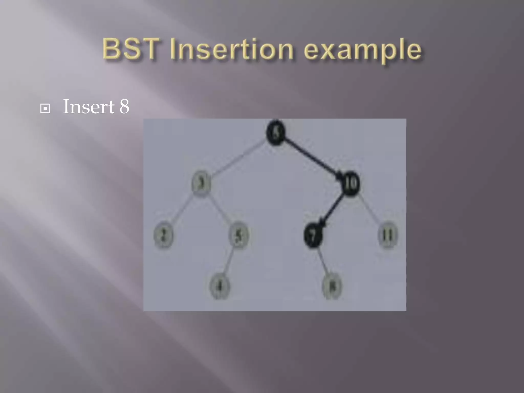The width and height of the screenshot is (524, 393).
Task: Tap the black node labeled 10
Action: (x=351, y=183)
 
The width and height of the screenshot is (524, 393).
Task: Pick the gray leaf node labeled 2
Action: (x=163, y=235)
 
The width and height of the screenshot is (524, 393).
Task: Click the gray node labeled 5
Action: (x=238, y=235)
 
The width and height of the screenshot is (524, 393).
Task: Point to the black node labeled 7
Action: (x=313, y=235)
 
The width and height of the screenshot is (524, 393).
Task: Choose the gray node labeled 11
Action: (x=388, y=235)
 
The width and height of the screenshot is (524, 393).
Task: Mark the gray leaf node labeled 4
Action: (x=219, y=286)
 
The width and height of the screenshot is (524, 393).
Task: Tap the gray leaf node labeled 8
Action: (x=332, y=286)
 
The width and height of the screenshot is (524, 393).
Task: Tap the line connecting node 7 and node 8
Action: (x=323, y=261)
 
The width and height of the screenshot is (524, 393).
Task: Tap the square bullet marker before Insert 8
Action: (x=45, y=109)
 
